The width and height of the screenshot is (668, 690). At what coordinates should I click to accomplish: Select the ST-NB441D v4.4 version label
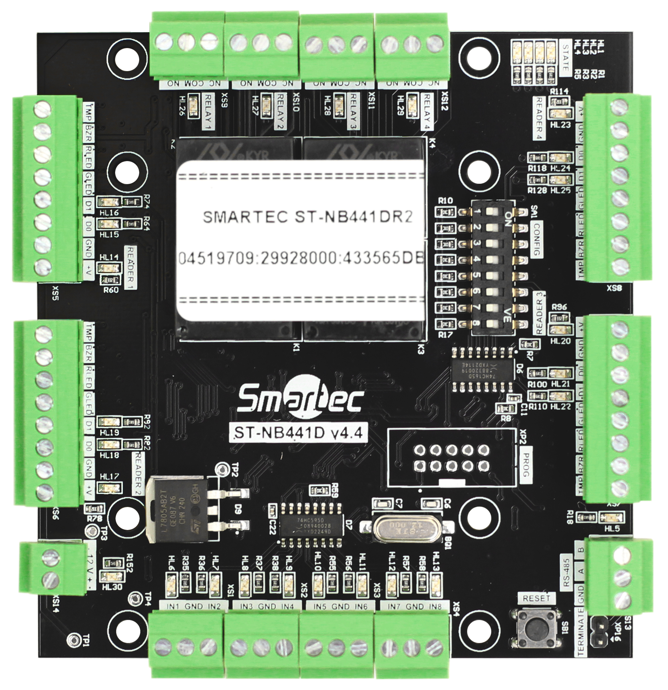[298, 433]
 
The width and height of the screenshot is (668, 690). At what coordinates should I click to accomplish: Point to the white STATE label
[565, 58]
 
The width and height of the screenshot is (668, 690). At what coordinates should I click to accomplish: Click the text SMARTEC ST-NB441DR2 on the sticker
[307, 217]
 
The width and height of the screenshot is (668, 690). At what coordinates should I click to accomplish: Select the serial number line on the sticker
[301, 258]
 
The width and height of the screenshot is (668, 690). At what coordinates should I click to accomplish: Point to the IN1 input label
[172, 607]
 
